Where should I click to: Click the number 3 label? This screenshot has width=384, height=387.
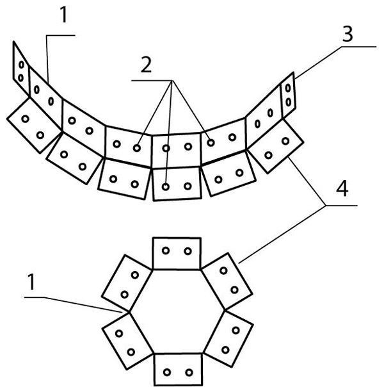point(348,35)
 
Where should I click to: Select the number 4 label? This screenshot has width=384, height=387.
point(344,191)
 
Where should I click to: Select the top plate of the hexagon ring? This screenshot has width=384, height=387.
point(177,254)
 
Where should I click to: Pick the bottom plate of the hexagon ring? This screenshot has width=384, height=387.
point(177,370)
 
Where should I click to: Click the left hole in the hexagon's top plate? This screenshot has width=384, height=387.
point(165,251)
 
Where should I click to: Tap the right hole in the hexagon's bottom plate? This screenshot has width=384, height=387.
point(188,373)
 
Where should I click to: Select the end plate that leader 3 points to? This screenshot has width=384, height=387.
point(289,94)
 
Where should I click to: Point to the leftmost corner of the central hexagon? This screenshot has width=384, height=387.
point(129,312)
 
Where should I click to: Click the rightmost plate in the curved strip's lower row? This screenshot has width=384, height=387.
point(275,147)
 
